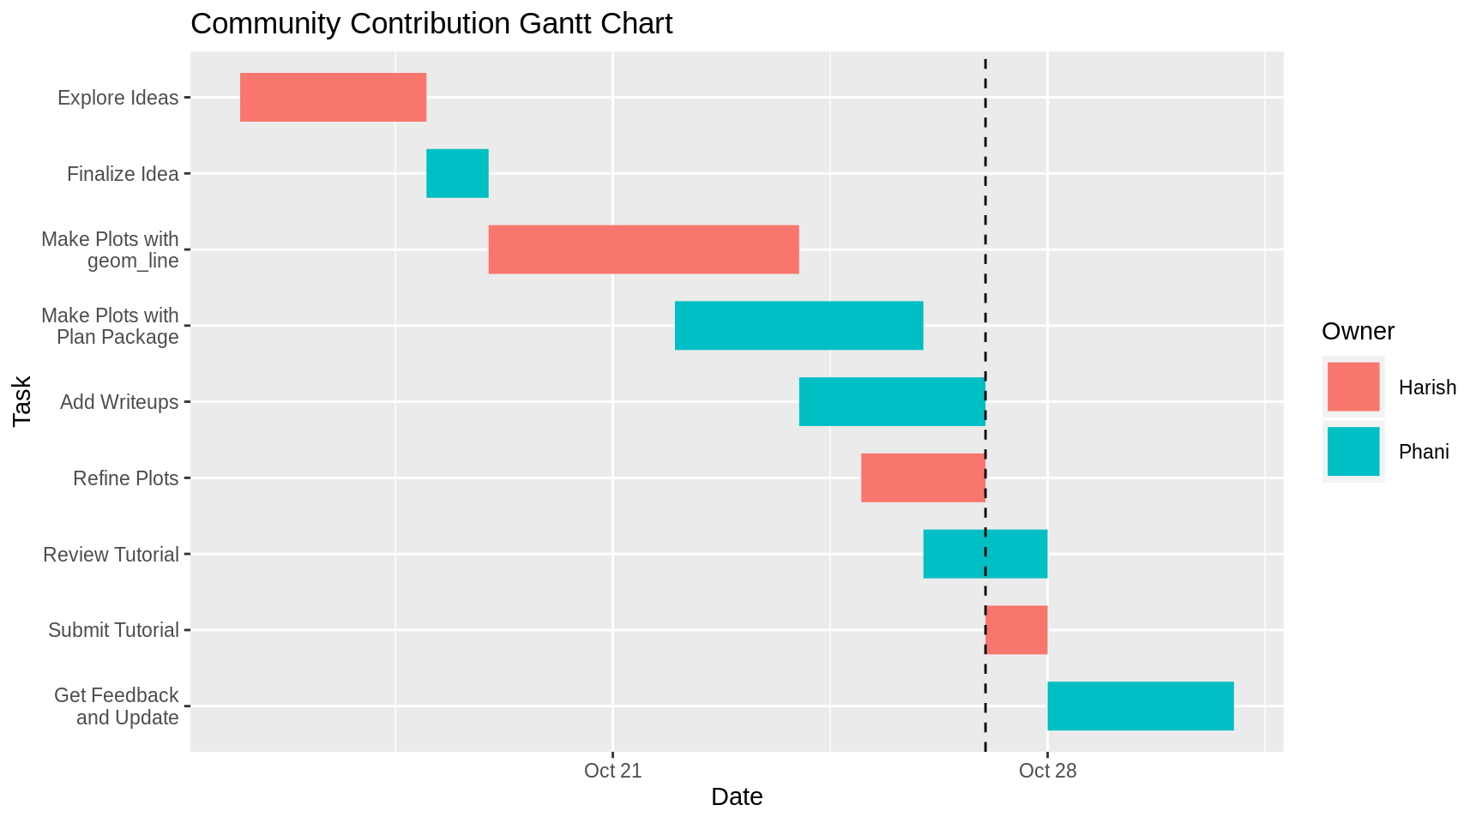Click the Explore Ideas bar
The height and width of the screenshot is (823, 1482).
[333, 97]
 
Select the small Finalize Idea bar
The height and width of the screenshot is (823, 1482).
[457, 173]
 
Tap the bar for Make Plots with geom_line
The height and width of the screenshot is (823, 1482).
[643, 249]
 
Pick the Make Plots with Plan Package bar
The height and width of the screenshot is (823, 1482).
[798, 326]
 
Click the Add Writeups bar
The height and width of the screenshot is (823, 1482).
[891, 401]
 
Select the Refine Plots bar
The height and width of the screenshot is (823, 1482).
[922, 478]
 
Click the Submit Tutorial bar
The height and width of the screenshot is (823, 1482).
[1017, 630]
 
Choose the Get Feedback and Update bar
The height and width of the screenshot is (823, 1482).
[1140, 706]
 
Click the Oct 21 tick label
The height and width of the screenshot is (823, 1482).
[612, 771]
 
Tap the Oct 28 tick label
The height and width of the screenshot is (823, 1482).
[1047, 771]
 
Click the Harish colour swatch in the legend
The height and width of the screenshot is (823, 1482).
[1352, 387]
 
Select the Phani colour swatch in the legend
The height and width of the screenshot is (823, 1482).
[1352, 451]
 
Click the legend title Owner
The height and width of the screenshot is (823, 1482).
[1358, 332]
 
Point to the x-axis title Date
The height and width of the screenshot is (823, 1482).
[736, 797]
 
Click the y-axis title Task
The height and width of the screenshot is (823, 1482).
[22, 401]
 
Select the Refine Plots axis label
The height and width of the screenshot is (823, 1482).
[125, 478]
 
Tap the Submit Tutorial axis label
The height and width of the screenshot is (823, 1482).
[113, 630]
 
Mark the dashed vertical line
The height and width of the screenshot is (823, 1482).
[985, 214]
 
